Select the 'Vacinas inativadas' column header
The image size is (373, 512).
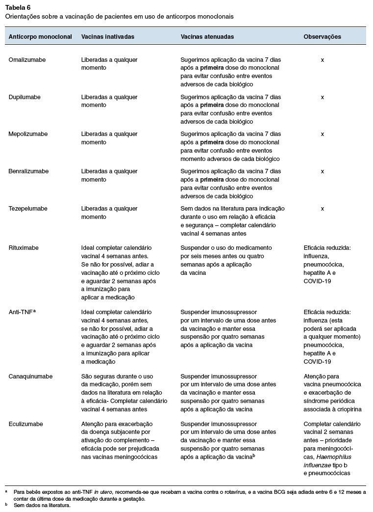[107, 37]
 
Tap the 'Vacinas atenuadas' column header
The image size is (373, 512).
[207, 37]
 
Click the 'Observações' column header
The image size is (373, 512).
[322, 37]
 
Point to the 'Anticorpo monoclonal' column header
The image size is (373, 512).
[40, 37]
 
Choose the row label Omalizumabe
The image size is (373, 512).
[27, 60]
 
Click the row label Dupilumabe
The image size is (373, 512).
[25, 97]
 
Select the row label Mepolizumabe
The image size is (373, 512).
[28, 134]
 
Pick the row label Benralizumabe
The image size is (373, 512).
[28, 171]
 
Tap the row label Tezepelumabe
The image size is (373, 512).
[28, 209]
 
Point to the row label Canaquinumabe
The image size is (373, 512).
[31, 377]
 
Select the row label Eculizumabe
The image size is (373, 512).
[25, 424]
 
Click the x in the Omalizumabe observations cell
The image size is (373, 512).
[323, 60]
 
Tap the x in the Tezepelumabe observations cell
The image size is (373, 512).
[323, 209]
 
